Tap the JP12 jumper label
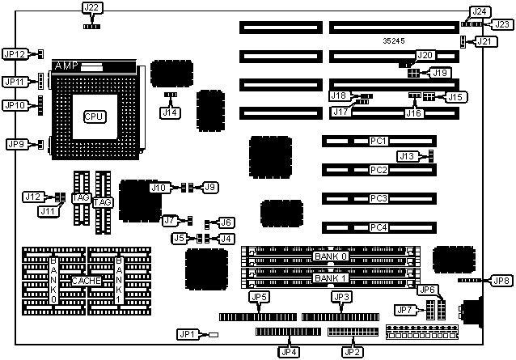(15, 54)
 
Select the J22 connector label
(92, 8)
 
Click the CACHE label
(87, 281)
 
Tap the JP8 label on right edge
(501, 280)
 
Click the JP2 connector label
(351, 351)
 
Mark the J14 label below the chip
(170, 112)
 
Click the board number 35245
(395, 39)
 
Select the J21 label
(483, 41)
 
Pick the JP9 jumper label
(15, 144)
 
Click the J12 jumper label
(32, 197)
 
